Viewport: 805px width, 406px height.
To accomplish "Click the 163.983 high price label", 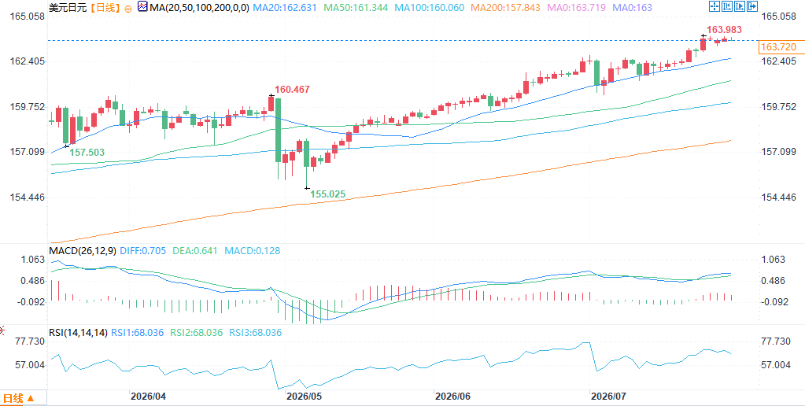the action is pyautogui.click(x=724, y=30).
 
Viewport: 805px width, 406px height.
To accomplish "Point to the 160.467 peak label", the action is pyautogui.click(x=292, y=90).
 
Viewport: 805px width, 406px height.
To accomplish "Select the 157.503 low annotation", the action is pyautogui.click(x=87, y=153).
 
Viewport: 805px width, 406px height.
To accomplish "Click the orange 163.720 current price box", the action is pyautogui.click(x=778, y=47).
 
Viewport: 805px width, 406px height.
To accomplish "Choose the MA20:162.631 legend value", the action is pyautogui.click(x=288, y=8).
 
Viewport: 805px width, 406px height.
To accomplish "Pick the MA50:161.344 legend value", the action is pyautogui.click(x=360, y=8).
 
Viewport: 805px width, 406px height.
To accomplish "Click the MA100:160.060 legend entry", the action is pyautogui.click(x=431, y=8).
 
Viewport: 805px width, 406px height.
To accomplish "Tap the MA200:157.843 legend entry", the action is pyautogui.click(x=505, y=8).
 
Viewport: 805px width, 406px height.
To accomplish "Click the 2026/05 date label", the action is pyautogui.click(x=303, y=397).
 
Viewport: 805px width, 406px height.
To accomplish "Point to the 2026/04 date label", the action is pyautogui.click(x=147, y=397).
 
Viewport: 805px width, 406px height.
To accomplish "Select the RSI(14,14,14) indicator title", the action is pyautogui.click(x=78, y=333).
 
